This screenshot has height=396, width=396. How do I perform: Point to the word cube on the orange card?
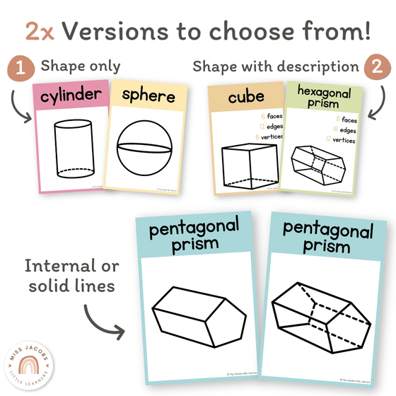pos(245,97)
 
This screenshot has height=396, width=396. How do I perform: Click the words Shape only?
pos(80,66)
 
